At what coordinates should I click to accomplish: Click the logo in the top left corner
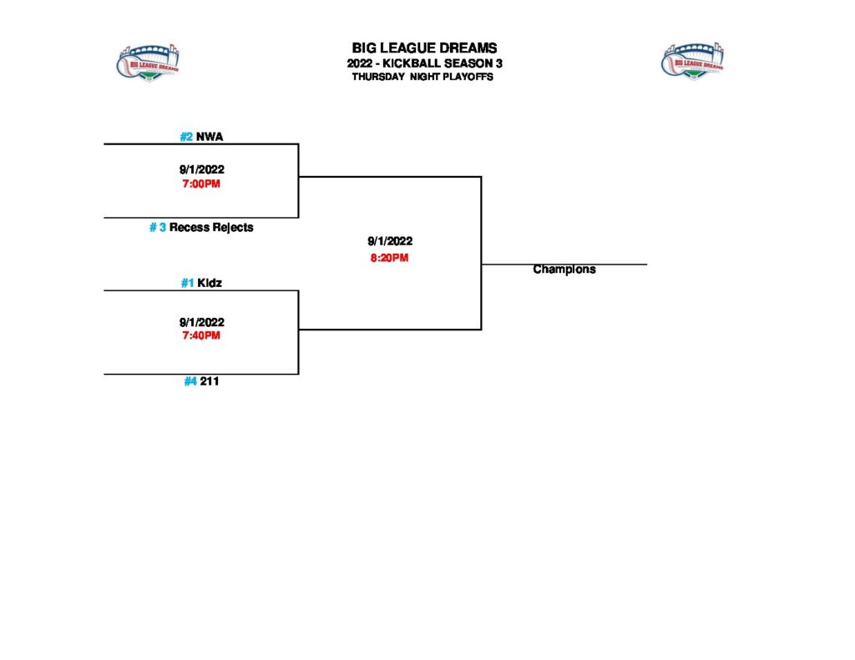point(147,63)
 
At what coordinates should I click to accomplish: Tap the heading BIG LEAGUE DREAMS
point(424,48)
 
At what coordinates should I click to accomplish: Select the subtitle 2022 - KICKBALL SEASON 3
point(424,63)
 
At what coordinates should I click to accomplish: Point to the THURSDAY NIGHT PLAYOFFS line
point(422,77)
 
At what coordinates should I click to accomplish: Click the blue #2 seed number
point(186,136)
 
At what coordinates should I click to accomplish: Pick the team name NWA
point(210,136)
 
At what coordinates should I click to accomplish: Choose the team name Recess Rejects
point(211,227)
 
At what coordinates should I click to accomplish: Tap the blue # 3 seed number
point(158,227)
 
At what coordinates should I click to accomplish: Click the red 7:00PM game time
point(201,184)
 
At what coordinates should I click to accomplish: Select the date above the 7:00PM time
point(201,169)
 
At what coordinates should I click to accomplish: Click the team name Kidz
point(210,283)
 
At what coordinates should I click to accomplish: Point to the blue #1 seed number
point(187,283)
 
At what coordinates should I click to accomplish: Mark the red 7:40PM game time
point(201,335)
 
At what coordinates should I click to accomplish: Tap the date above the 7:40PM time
point(201,322)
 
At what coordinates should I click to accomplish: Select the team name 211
point(210,381)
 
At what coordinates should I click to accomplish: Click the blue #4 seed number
point(190,381)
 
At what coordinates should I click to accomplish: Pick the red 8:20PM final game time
point(389,258)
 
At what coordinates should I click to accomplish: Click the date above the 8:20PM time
point(389,241)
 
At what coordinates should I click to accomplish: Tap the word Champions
point(564,270)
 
